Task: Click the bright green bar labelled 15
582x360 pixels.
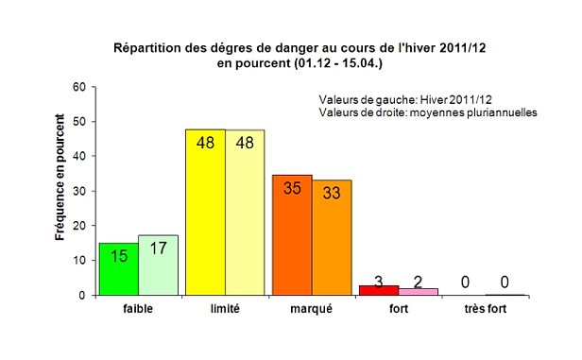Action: [x=118, y=269]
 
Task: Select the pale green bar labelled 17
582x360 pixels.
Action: [x=158, y=266]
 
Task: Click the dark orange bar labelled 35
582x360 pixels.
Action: [x=292, y=235]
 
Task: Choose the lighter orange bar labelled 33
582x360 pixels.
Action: [x=332, y=238]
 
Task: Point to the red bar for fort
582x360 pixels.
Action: [x=372, y=290]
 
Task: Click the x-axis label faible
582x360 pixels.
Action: [x=138, y=308]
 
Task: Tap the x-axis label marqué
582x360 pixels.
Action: [x=312, y=308]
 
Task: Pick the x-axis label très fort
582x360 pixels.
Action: [x=485, y=308]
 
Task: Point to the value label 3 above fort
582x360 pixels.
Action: [x=378, y=282]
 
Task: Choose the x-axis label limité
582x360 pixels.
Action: [x=225, y=308]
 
